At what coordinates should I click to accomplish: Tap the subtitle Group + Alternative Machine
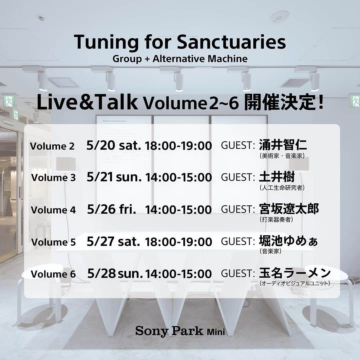(180, 59)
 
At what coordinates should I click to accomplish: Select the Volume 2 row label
(52, 146)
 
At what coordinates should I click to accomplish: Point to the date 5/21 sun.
(114, 177)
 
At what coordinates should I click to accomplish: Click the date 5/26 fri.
(111, 209)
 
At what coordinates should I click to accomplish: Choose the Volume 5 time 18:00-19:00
(178, 242)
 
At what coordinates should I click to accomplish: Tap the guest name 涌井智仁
(283, 145)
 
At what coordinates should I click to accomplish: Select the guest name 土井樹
(277, 177)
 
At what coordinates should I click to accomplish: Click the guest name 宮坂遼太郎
(289, 209)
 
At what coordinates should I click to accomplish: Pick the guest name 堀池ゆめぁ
(288, 241)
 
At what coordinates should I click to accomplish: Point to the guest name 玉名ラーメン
(295, 273)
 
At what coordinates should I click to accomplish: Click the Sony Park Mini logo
(180, 331)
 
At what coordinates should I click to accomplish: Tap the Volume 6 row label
(53, 274)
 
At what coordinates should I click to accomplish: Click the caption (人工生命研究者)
(282, 188)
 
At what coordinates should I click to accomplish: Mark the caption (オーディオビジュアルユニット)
(295, 283)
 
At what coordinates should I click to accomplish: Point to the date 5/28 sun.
(115, 273)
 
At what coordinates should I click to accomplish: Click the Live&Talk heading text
(87, 102)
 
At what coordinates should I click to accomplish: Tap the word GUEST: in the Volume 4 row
(238, 209)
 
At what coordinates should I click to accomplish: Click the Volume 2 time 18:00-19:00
(178, 146)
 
